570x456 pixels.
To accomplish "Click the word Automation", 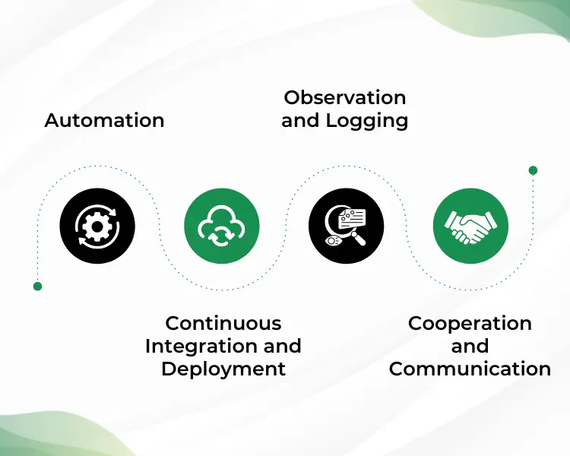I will [x=104, y=120].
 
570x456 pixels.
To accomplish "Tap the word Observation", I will [x=344, y=97].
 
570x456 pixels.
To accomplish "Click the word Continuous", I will [x=223, y=323].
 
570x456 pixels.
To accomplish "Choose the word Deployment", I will [x=223, y=369].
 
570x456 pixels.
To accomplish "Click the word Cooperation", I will [x=470, y=323].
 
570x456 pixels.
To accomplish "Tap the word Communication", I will [x=470, y=369].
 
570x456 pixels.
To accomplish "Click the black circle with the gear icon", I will [x=97, y=226].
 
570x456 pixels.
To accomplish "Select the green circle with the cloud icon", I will [x=222, y=226].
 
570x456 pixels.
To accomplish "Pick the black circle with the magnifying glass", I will [x=347, y=226].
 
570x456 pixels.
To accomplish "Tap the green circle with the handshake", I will [x=470, y=226].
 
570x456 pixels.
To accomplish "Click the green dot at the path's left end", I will [x=37, y=287].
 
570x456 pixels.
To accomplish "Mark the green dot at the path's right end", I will [x=533, y=170].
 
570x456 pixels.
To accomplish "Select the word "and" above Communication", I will [x=470, y=346].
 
